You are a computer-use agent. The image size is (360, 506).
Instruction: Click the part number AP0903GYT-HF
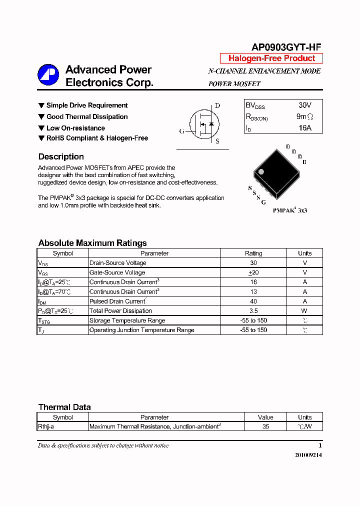tap(286, 47)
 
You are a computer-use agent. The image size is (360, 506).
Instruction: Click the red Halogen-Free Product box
tap(271, 58)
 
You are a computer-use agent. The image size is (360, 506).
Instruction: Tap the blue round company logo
tap(48, 75)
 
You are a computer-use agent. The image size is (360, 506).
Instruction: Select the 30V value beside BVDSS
tap(304, 105)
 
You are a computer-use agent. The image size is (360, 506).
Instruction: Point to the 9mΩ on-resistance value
tap(304, 116)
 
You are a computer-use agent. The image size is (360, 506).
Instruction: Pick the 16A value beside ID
tap(304, 128)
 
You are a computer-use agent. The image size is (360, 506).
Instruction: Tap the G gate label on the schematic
tap(181, 131)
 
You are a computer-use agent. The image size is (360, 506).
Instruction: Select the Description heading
tap(61, 156)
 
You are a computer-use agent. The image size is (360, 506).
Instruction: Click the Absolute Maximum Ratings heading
tap(92, 243)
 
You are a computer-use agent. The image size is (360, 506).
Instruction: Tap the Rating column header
tap(253, 253)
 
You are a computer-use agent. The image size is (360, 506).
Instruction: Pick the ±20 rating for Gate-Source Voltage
tap(253, 272)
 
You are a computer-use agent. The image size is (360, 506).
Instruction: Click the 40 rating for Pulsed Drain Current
tap(253, 301)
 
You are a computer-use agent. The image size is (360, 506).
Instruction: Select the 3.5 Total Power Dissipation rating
tap(253, 311)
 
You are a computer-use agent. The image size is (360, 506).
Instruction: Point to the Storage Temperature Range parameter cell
tap(127, 320)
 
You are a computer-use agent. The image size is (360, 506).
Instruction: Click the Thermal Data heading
tap(64, 407)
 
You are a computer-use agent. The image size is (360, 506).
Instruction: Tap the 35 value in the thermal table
tap(265, 426)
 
